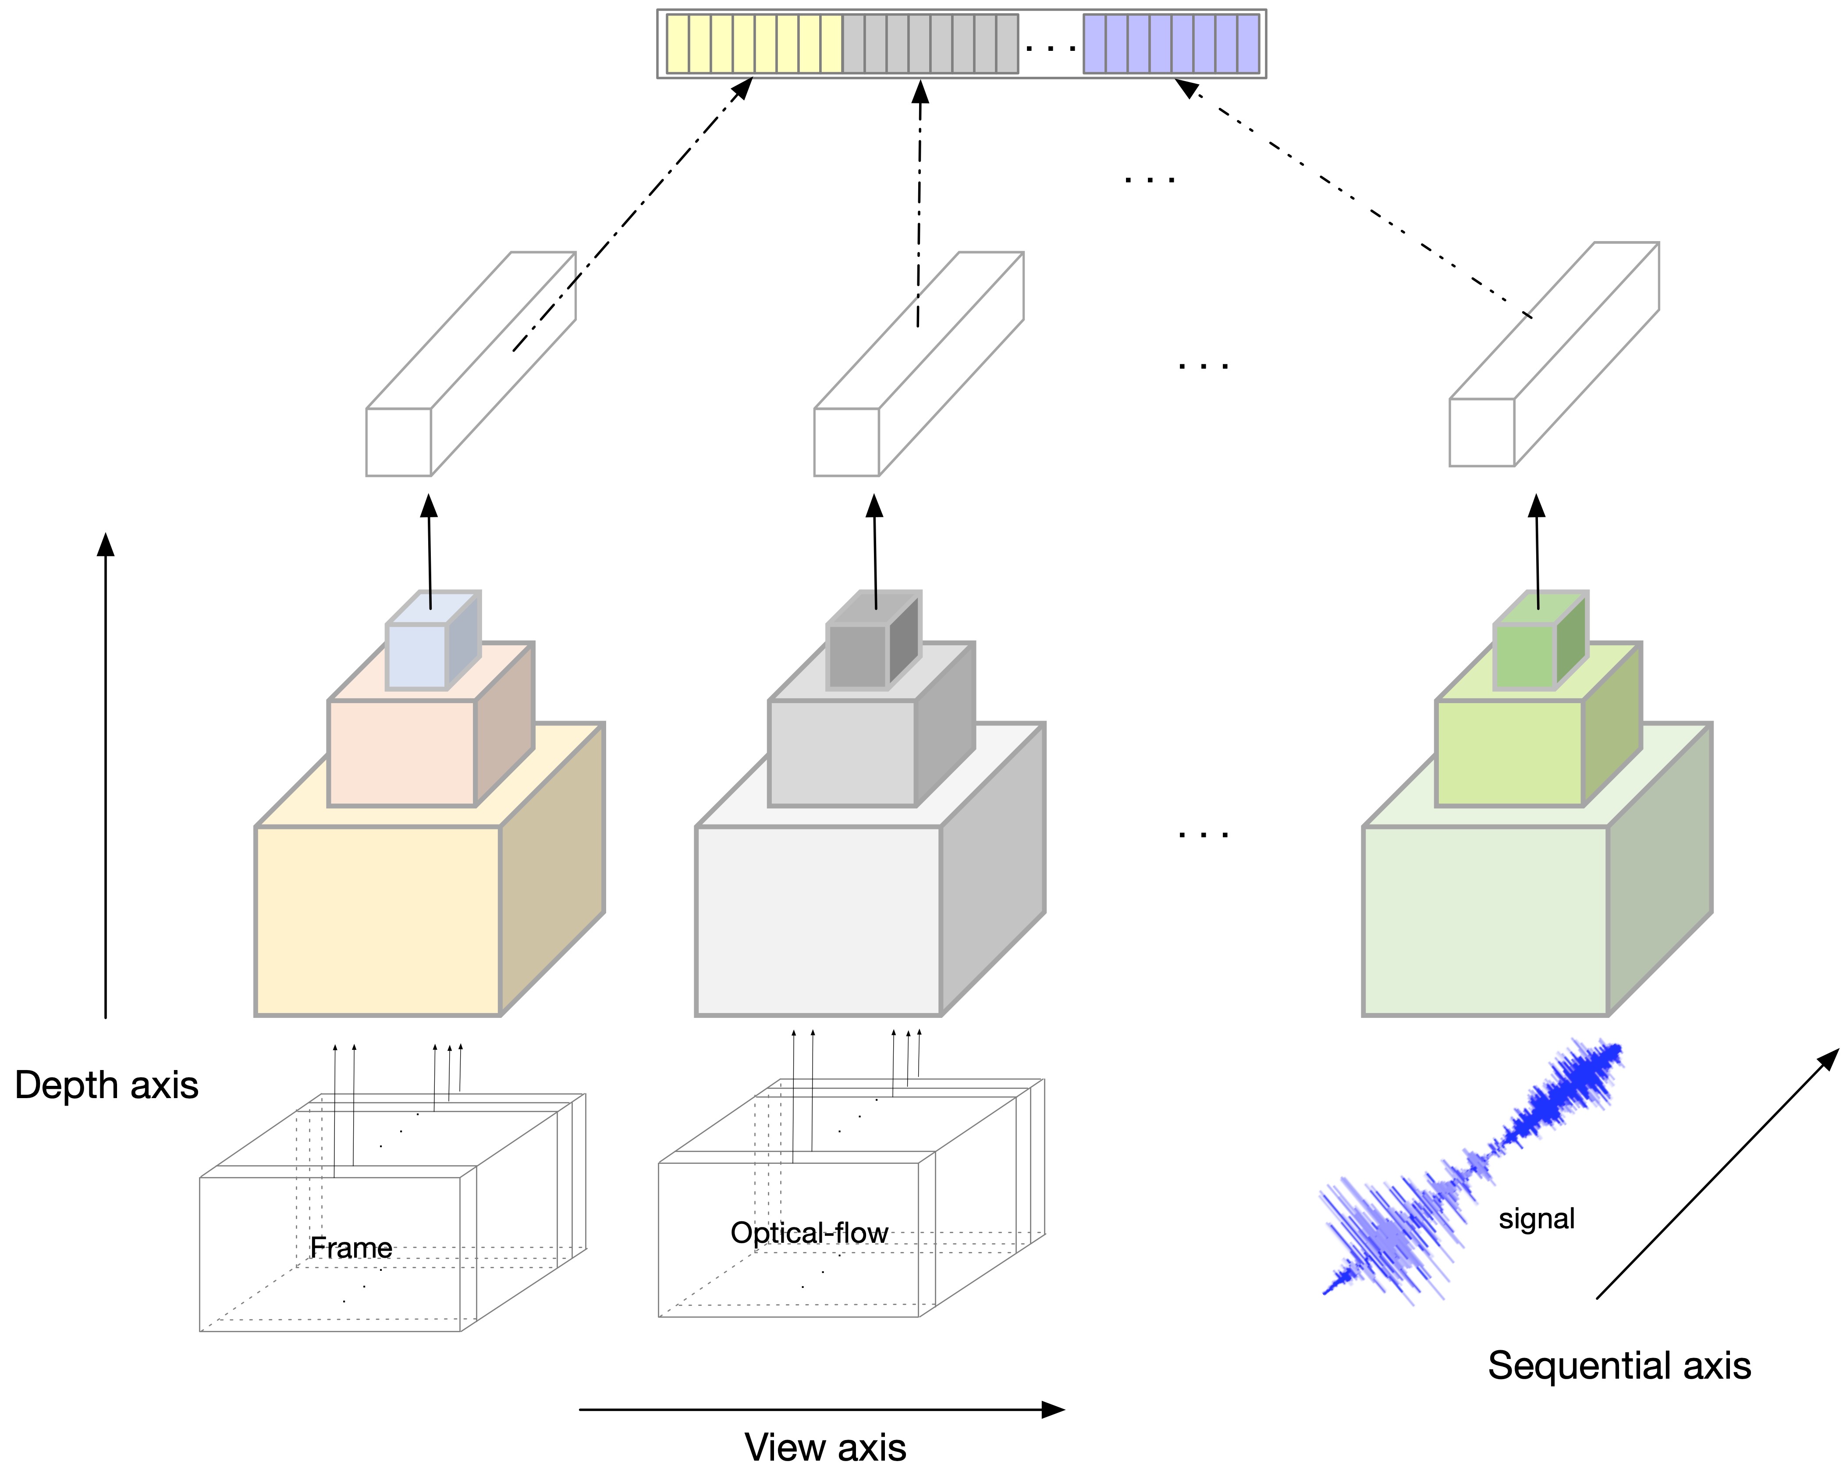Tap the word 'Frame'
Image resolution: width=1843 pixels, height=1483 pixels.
point(351,1248)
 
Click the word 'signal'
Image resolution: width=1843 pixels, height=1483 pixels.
point(1536,1218)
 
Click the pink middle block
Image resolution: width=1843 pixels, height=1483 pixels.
point(402,752)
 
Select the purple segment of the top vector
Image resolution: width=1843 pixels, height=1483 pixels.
point(1171,43)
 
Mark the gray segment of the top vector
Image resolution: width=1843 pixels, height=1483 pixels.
point(930,43)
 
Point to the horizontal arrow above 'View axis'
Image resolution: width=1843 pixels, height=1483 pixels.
point(820,1409)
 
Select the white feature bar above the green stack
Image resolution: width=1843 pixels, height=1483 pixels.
point(1554,355)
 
